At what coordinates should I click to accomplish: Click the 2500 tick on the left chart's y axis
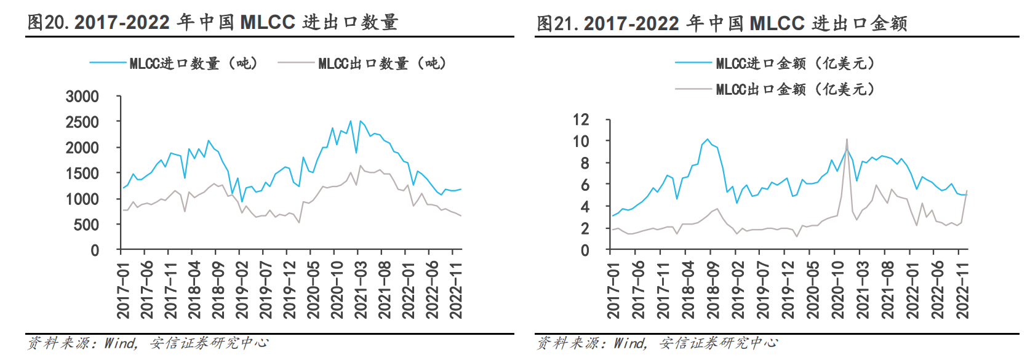(82, 122)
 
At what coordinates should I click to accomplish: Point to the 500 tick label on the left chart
(86, 225)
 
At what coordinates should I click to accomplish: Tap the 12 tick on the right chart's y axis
(580, 119)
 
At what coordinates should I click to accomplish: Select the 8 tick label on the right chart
(585, 163)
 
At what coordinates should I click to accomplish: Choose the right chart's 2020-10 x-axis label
(837, 289)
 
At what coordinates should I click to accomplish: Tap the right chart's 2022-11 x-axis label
(962, 289)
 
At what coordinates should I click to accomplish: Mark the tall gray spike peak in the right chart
(847, 140)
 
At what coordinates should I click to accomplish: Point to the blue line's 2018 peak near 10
(707, 140)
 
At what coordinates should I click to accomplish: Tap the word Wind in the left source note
(120, 343)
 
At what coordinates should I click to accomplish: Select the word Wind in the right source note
(629, 343)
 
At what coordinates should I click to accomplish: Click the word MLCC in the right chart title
(777, 23)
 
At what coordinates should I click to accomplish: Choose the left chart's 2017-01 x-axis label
(123, 289)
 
